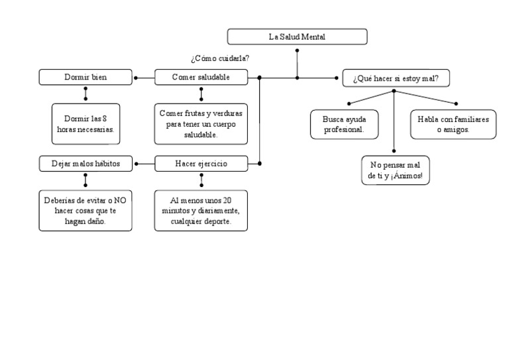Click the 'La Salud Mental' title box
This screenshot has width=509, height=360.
tap(297, 36)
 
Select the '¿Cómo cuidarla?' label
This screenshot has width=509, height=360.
tap(220, 58)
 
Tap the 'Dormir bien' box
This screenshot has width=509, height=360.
tap(85, 78)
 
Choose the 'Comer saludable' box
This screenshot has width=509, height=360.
tap(201, 78)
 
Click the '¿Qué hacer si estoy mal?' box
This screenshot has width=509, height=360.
tap(396, 78)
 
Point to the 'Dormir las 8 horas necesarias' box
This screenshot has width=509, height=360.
tap(85, 123)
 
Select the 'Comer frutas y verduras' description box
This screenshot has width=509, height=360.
tap(201, 123)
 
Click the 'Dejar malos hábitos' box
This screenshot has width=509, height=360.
tap(85, 163)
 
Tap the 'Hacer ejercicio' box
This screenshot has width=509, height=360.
tap(201, 163)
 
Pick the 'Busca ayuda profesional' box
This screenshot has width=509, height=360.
tap(344, 124)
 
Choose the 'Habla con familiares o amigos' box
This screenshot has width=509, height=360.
tap(453, 124)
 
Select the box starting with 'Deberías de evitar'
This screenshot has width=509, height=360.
tap(85, 210)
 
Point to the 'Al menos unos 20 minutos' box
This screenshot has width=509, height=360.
tap(201, 210)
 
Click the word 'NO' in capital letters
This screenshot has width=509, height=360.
tap(120, 200)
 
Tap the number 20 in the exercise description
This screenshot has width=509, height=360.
tap(227, 200)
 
